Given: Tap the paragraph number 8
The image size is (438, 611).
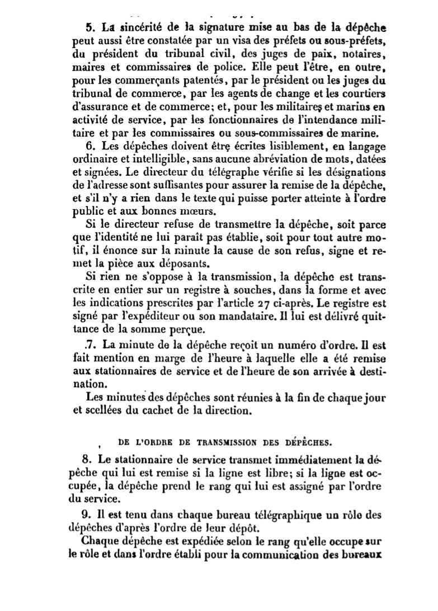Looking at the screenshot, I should pos(89,460).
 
